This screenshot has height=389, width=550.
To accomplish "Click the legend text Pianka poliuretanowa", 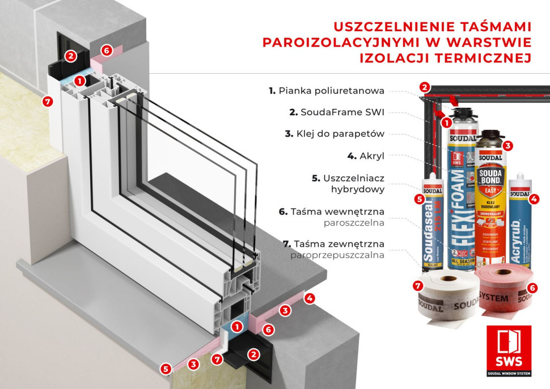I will (x=333, y=90).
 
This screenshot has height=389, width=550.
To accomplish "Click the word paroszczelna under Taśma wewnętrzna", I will (x=354, y=223).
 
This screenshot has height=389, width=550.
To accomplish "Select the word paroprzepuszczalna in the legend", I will (x=337, y=255).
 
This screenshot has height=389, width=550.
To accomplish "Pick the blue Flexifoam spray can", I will (x=462, y=198).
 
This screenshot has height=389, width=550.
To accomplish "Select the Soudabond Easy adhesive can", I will (x=491, y=204).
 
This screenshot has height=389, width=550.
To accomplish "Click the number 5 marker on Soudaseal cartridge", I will (x=419, y=199).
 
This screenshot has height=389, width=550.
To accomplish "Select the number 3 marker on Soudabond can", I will (x=507, y=145).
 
